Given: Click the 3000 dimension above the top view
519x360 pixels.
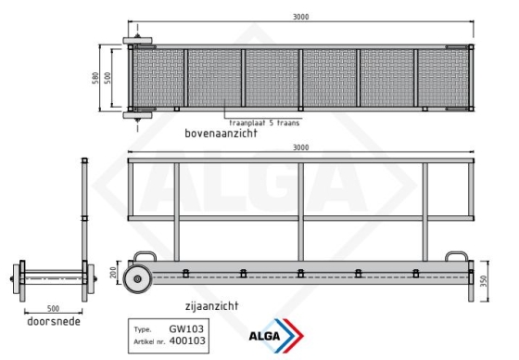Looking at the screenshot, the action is (x=300, y=17).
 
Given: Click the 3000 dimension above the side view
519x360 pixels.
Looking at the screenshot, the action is (x=300, y=148).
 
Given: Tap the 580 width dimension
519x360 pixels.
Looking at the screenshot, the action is (x=95, y=78).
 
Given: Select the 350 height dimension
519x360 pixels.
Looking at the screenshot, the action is (x=484, y=281).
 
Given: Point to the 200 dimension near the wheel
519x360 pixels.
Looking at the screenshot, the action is (x=113, y=273).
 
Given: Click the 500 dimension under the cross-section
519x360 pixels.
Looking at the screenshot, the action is (x=53, y=309).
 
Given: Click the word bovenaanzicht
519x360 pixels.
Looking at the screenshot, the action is (x=221, y=134).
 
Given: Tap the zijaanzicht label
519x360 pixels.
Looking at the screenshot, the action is (x=212, y=305).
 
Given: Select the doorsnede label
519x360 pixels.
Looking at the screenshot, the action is (x=54, y=321).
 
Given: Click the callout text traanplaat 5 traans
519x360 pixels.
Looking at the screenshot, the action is (x=264, y=123).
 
